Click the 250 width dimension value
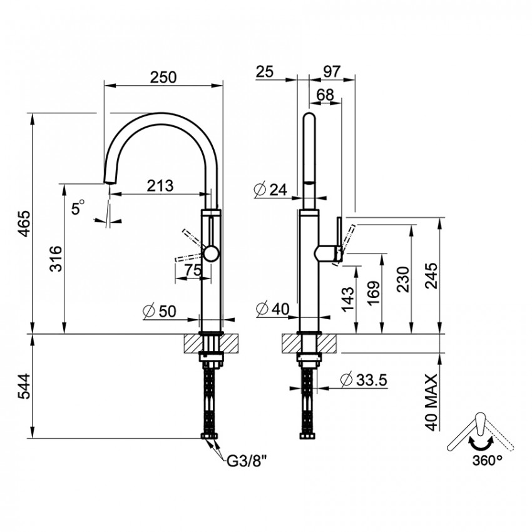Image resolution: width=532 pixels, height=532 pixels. (x=163, y=78)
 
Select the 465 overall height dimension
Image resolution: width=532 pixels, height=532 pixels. (x=24, y=223)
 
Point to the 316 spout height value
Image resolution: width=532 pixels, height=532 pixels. (x=56, y=258)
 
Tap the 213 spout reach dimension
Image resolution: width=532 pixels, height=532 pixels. (x=160, y=186)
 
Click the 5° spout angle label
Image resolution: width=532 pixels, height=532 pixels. (x=78, y=207)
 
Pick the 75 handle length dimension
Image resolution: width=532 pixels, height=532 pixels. (x=193, y=270)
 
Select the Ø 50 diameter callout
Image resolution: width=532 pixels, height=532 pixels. (x=160, y=311)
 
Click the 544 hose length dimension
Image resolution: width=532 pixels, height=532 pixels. (x=24, y=386)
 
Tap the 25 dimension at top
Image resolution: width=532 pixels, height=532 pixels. (x=265, y=71)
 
